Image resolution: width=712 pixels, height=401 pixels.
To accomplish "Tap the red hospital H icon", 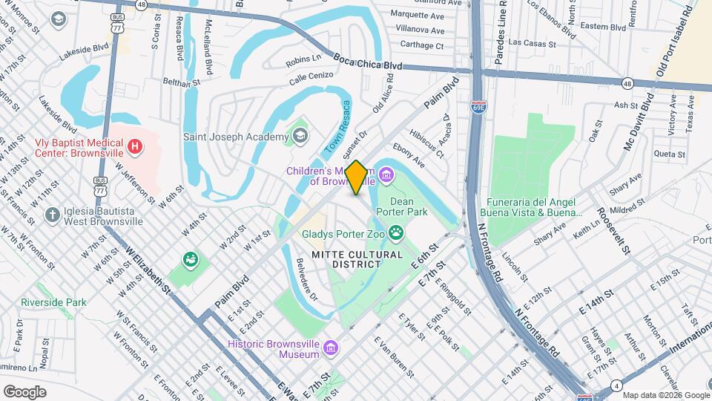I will pos(134,146).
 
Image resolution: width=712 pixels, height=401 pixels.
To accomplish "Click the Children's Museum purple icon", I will pos(386,175).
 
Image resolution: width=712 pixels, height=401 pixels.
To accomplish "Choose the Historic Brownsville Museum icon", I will pos(331,349).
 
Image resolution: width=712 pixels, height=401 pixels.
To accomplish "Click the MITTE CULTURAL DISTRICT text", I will pos(357,259).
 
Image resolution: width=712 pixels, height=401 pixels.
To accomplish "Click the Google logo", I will pos(24,391).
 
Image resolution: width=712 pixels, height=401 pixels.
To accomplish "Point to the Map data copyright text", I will pos(666,395).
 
